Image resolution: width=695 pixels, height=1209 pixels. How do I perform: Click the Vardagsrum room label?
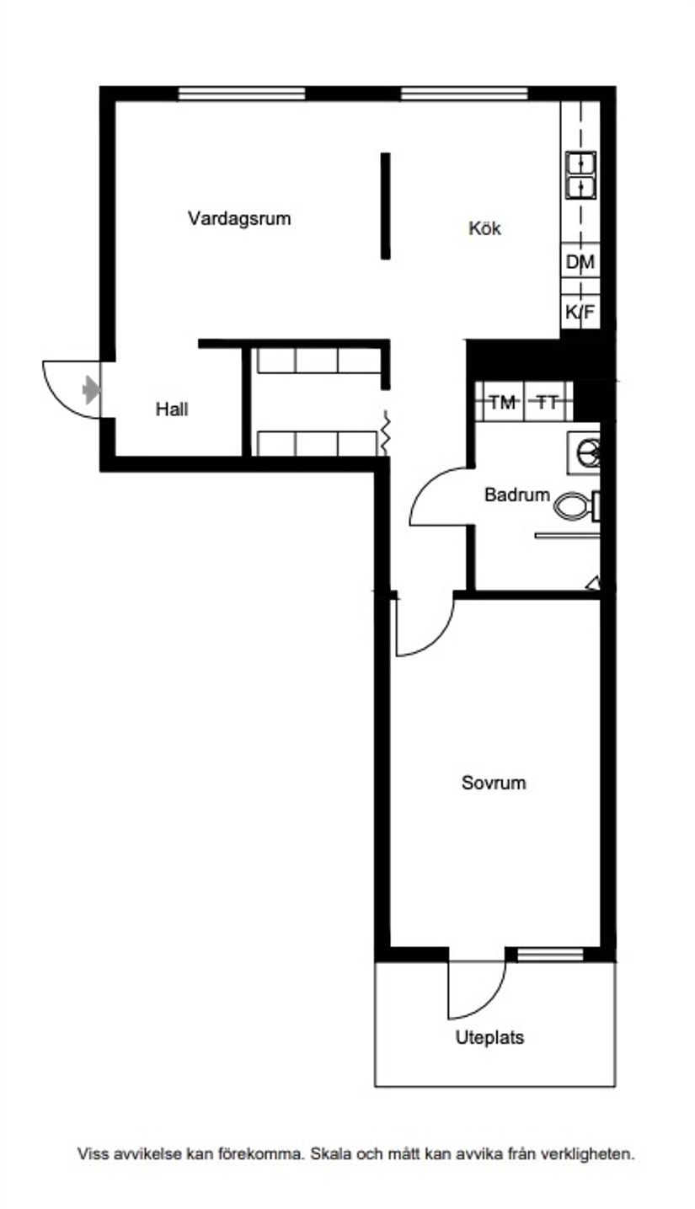click(239, 218)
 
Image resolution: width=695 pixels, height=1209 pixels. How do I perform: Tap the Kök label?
click(484, 227)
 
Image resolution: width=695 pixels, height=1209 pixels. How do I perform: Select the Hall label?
click(172, 409)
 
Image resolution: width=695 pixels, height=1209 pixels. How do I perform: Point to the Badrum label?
click(517, 495)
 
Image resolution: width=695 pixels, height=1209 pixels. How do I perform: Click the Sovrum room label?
click(494, 783)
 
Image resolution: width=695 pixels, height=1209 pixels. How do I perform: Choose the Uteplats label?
click(490, 1037)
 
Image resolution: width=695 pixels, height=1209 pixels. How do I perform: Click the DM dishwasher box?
click(580, 262)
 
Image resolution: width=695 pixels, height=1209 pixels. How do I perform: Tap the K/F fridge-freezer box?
click(580, 312)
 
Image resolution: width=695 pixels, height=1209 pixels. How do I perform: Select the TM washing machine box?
click(502, 402)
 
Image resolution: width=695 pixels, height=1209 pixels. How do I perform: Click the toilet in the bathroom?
click(577, 506)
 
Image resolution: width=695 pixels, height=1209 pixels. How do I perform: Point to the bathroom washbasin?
click(585, 452)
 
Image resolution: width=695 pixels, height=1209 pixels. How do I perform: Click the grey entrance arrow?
click(91, 390)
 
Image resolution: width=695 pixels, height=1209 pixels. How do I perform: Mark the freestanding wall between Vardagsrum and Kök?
click(385, 206)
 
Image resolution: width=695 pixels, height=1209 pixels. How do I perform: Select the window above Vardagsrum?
click(242, 94)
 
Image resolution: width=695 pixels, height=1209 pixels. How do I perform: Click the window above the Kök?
click(464, 94)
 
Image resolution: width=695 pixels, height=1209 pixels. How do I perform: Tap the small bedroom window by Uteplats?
click(550, 955)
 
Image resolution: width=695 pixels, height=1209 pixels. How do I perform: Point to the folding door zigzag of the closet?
click(385, 432)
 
